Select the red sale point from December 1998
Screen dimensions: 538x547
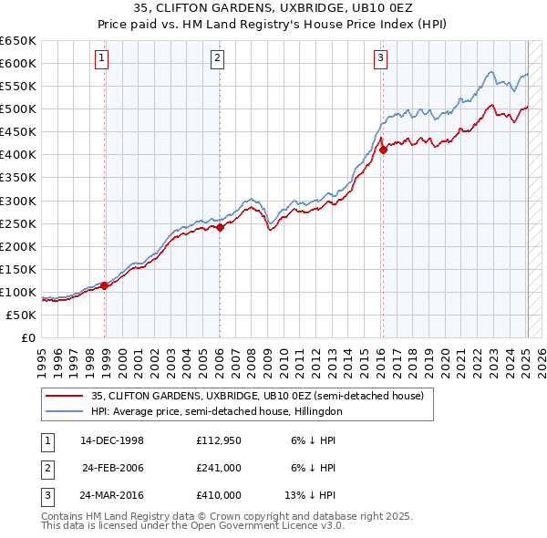click(105, 285)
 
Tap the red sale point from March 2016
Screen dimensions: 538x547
click(383, 150)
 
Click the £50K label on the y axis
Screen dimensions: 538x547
click(21, 315)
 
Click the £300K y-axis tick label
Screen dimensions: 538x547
click(18, 201)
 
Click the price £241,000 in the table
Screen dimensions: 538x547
click(219, 468)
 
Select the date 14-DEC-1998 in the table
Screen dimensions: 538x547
click(112, 440)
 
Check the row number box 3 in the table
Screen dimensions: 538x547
click(46, 495)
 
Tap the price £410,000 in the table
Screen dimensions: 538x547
click(219, 495)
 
